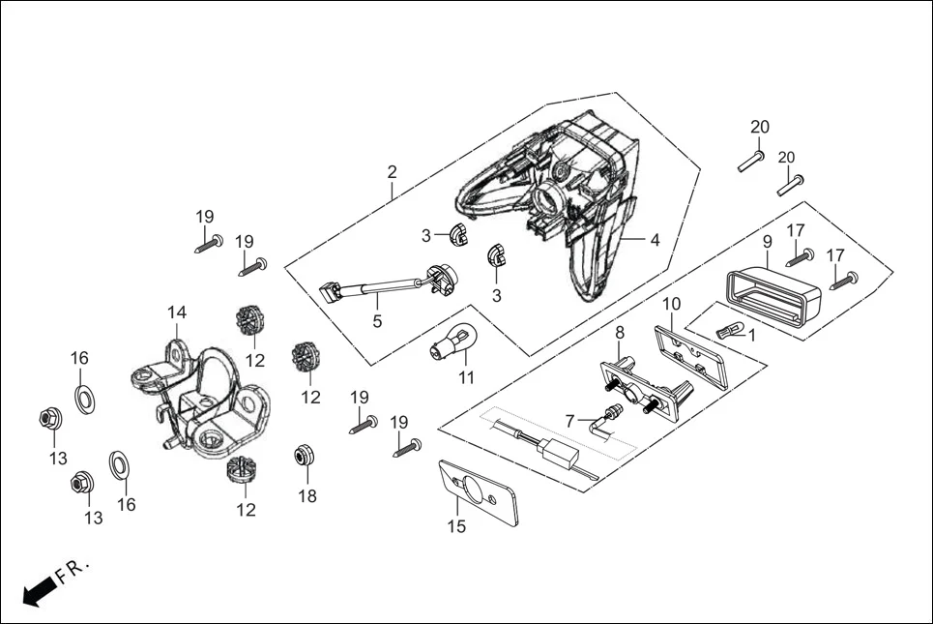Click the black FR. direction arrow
37,590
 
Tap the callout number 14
176,312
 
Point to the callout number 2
392,172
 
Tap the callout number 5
377,320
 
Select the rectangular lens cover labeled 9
773,292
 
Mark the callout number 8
620,332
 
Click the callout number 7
570,420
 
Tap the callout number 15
456,526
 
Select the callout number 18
307,496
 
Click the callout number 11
466,377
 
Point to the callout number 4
655,240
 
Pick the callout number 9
767,242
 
